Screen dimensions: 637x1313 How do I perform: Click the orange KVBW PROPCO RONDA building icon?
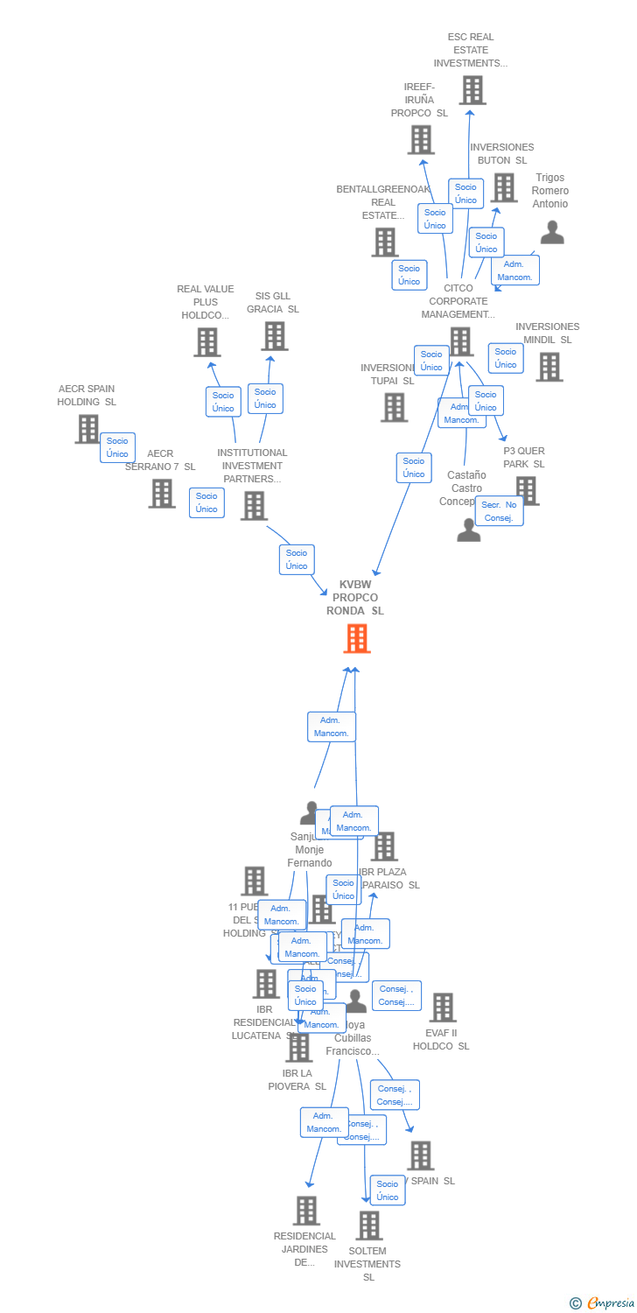356,639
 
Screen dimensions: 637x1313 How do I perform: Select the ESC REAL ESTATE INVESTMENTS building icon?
472,90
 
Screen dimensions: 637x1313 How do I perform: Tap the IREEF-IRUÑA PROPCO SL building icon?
421,140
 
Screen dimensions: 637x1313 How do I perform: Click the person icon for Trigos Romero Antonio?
552,232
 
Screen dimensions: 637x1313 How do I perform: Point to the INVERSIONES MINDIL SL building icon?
549,367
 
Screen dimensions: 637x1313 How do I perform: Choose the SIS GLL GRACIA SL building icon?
274,336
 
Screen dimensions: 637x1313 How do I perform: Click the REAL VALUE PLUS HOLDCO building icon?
206,342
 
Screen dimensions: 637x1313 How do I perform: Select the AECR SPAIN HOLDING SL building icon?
87,429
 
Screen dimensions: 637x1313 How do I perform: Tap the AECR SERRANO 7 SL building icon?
162,494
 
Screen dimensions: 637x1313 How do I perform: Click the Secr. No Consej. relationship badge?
499,511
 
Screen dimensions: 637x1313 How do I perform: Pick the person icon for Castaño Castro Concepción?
469,530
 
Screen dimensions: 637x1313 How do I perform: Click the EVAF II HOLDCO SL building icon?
443,1008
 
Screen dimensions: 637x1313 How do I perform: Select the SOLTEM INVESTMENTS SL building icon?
369,1225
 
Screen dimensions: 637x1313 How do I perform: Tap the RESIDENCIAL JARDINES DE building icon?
306,1211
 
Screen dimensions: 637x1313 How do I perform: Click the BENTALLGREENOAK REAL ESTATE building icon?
385,242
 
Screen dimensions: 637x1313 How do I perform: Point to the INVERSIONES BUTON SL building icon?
503,187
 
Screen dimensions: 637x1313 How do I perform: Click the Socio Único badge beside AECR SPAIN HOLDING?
117,447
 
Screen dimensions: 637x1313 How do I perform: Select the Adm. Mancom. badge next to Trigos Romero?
514,270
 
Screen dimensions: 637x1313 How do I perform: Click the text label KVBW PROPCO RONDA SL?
355,598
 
